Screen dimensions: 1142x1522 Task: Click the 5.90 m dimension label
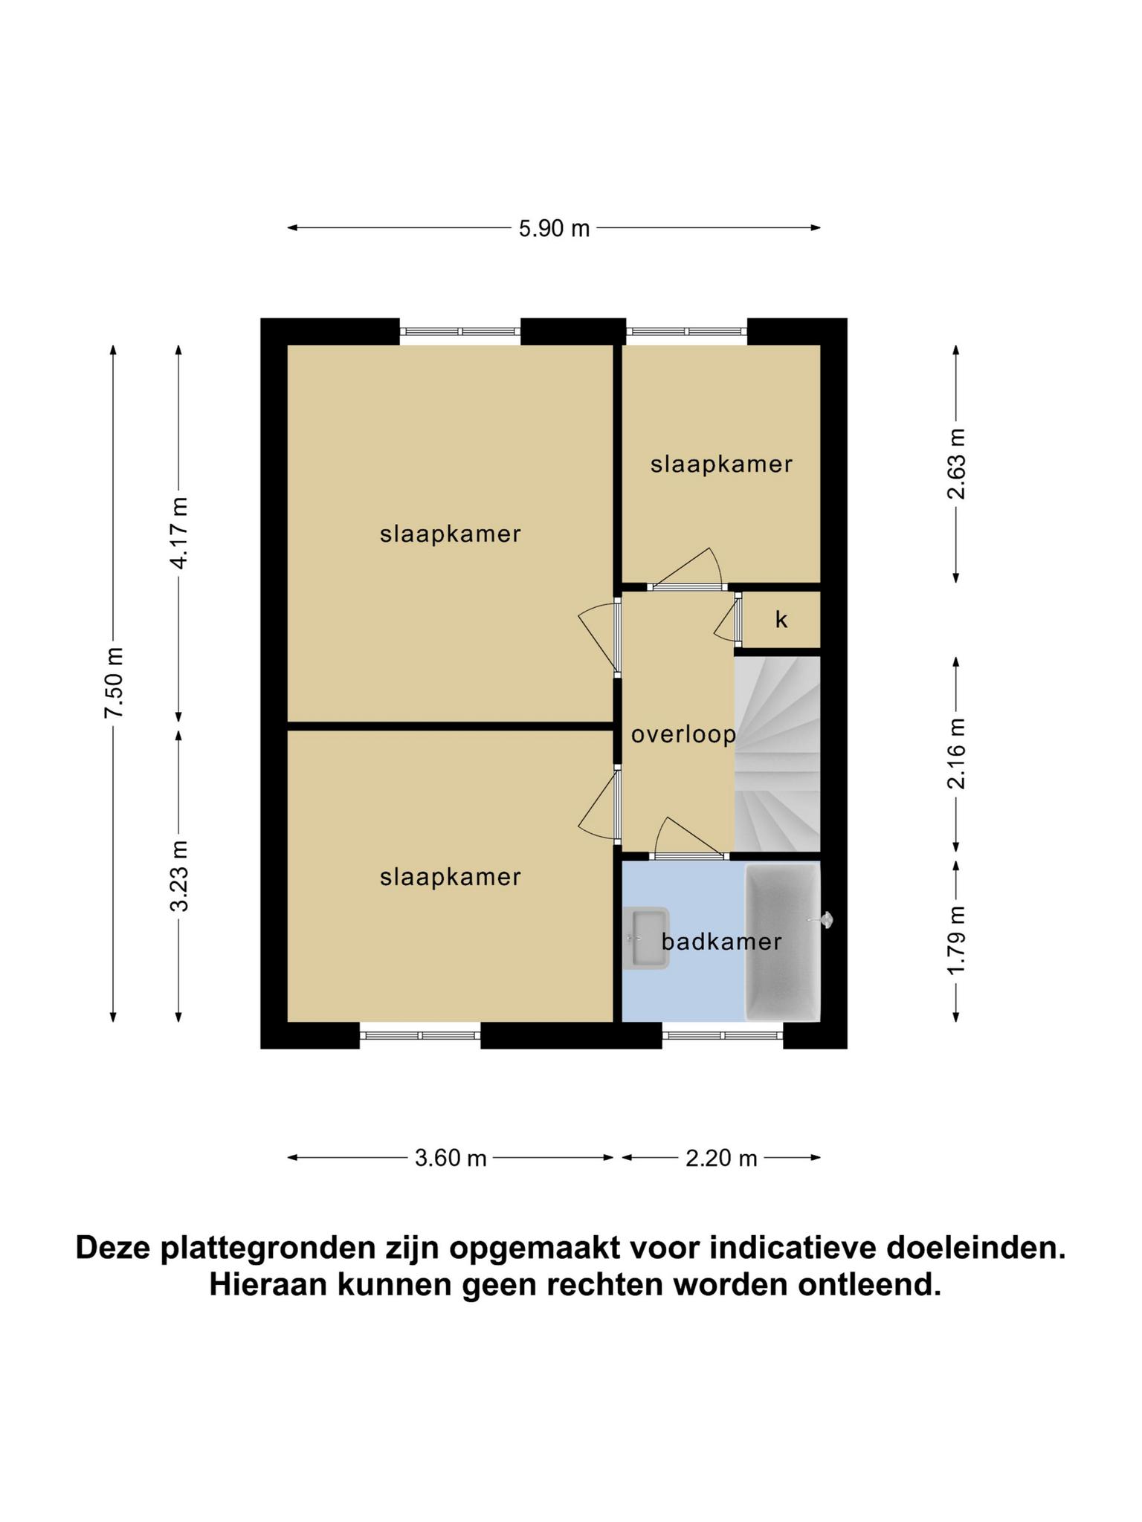tap(554, 228)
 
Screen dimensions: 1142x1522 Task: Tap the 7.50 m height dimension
tap(114, 683)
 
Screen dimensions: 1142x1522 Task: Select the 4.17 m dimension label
tap(179, 533)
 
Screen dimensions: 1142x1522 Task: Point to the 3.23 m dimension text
tap(179, 875)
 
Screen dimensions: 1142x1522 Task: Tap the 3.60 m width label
tap(451, 1158)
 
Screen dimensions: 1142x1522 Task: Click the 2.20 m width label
tap(721, 1158)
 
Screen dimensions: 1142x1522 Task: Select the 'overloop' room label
tap(683, 735)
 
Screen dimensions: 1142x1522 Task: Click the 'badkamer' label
tap(721, 942)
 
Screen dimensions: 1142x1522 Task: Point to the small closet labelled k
tap(781, 620)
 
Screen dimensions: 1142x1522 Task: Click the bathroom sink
tap(646, 939)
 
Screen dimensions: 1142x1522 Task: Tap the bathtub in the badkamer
tap(783, 942)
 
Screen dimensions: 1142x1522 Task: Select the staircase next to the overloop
tap(777, 754)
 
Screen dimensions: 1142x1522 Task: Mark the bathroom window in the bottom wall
tap(723, 1034)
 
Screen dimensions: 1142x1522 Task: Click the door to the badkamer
tap(688, 838)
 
